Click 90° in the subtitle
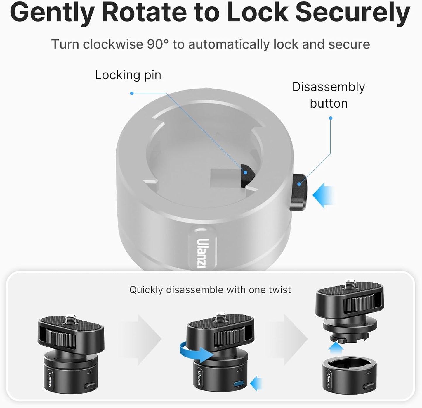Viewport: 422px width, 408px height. (x=158, y=44)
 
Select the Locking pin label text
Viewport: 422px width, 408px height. (x=128, y=75)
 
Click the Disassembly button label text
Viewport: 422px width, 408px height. (x=329, y=95)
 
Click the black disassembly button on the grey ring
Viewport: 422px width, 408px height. (x=298, y=192)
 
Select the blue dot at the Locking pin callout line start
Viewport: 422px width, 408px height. (x=132, y=93)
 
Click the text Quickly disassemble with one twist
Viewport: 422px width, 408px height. (x=210, y=290)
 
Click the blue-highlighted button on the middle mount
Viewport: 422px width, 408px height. (x=239, y=383)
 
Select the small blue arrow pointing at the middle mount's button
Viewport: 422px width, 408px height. (x=256, y=383)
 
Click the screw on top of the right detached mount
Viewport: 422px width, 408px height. (x=349, y=284)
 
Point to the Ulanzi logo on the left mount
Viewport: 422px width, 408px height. (x=50, y=378)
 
